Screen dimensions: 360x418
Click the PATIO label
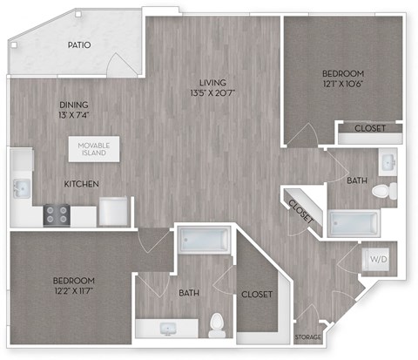81,44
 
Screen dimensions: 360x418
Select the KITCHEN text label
80,184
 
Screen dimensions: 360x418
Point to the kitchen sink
20,187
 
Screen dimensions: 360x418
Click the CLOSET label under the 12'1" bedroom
371,129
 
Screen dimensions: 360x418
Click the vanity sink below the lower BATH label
166,329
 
